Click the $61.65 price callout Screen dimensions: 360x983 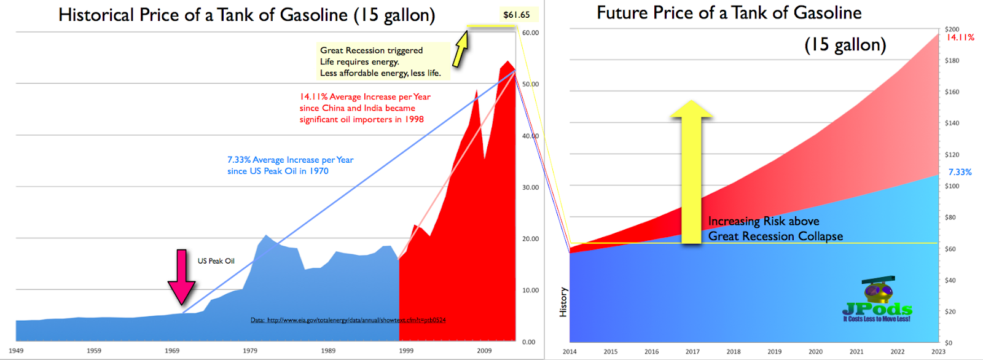pos(516,15)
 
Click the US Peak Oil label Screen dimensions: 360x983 pos(216,261)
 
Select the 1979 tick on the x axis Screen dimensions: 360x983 pos(250,351)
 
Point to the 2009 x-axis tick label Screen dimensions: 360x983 pos(484,351)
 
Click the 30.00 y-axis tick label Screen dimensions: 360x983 pos(530,187)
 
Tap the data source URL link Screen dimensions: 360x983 pos(348,320)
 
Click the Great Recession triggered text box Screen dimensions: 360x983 pos(381,61)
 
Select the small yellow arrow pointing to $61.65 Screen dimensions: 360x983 pos(461,49)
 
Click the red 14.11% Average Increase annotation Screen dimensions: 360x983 pos(365,108)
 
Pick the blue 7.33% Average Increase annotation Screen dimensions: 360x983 pos(290,165)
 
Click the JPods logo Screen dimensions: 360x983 pos(877,301)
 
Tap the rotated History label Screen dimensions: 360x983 pos(563,302)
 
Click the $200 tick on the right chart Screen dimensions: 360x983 pos(952,29)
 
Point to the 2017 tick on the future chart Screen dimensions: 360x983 pos(692,352)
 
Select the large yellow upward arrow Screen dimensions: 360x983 pos(692,172)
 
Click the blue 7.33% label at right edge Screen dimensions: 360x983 pos(960,172)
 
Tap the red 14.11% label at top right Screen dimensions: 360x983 pos(960,37)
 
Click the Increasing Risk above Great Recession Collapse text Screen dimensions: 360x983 pos(775,229)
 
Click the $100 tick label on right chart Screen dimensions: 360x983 pos(952,186)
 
